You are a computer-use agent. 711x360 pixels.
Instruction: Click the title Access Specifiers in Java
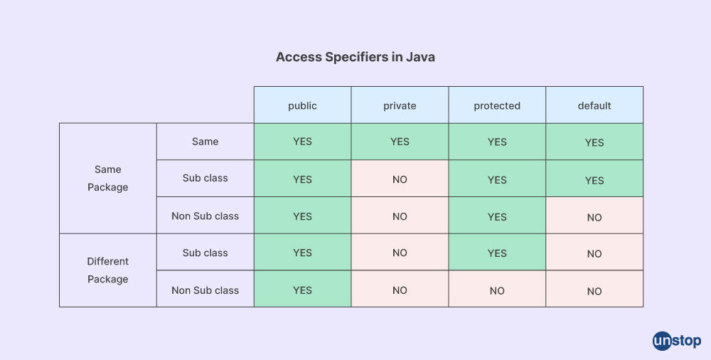(x=355, y=57)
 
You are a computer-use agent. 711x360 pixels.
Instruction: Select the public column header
(x=302, y=105)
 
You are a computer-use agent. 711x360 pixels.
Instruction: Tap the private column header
(x=400, y=105)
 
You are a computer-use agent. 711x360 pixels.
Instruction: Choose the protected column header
(x=497, y=105)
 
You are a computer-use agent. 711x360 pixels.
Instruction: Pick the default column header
(x=594, y=105)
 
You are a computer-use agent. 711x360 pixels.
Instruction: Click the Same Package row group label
(x=108, y=179)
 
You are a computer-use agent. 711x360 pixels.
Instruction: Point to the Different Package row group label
(x=108, y=270)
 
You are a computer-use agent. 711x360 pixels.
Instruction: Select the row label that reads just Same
(x=205, y=142)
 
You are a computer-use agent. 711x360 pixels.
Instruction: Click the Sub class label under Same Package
(x=205, y=178)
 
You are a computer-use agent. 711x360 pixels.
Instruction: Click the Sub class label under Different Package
(x=205, y=252)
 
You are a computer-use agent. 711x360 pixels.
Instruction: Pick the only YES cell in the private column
(x=400, y=142)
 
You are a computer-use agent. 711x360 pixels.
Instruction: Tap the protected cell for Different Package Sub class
(x=497, y=252)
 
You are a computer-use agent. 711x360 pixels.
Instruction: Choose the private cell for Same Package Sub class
(x=400, y=178)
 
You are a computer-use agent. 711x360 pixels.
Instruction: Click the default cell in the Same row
(x=594, y=142)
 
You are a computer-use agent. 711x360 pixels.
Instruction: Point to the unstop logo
(x=677, y=341)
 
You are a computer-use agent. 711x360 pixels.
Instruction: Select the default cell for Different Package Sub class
(x=594, y=252)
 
